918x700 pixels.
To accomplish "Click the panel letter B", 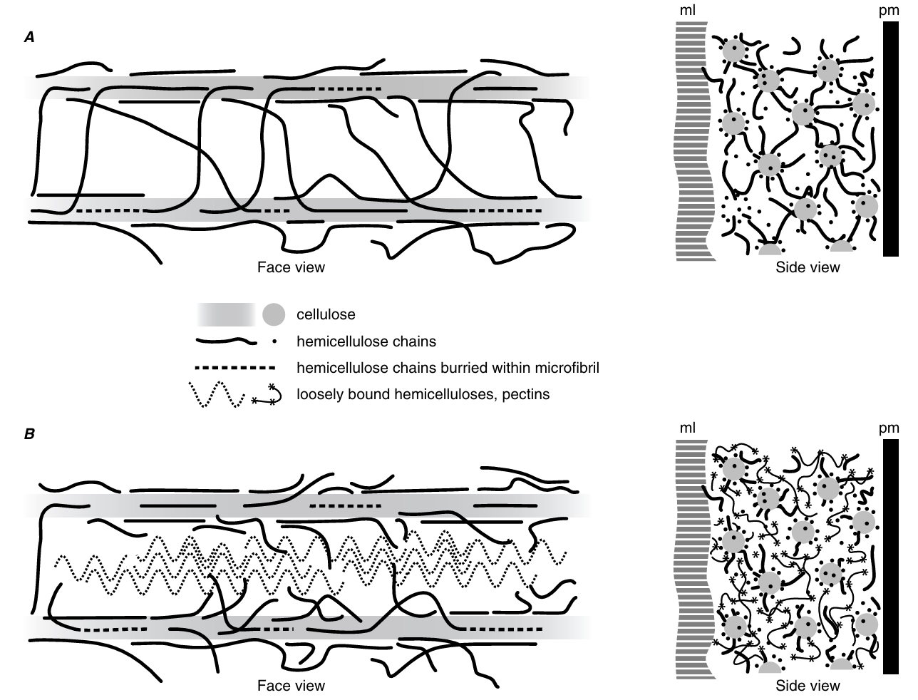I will click(29, 433).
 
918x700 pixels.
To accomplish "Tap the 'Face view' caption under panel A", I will click(291, 268).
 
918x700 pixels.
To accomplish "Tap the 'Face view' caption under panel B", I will click(291, 686).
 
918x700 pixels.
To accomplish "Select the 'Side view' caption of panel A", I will click(808, 268).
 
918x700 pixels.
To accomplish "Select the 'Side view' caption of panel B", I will click(808, 686).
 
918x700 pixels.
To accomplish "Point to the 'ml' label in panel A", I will click(687, 11).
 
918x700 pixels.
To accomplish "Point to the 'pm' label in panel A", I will click(889, 11).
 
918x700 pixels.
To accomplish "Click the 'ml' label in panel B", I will click(687, 428).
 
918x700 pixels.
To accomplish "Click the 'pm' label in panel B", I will click(889, 428).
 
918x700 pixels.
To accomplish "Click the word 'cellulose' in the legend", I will click(326, 314).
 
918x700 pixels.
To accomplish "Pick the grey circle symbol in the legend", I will click(274, 314).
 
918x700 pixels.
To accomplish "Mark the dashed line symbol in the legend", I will click(236, 369).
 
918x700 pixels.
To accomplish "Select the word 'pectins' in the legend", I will click(527, 394).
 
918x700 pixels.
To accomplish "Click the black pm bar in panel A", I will click(890, 139).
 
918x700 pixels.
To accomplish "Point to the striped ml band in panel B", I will click(693, 556).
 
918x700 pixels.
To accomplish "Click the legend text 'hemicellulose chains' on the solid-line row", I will click(356, 341).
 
